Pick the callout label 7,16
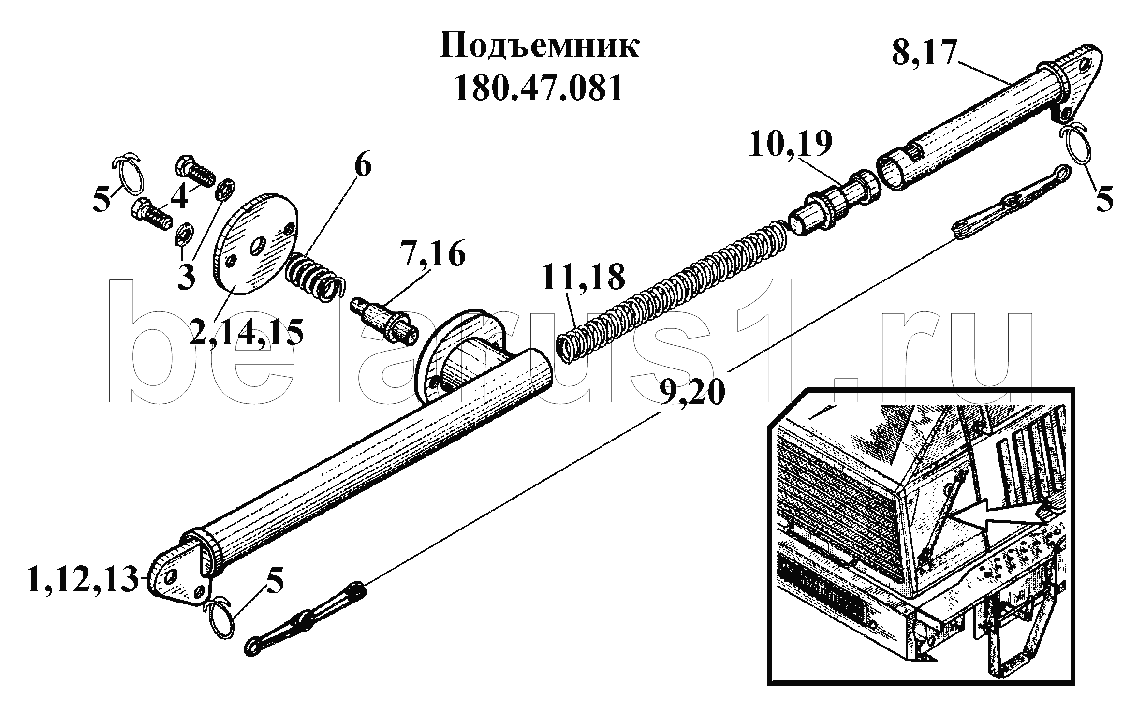pos(432,255)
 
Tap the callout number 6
pos(363,166)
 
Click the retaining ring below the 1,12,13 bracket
pos(220,619)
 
